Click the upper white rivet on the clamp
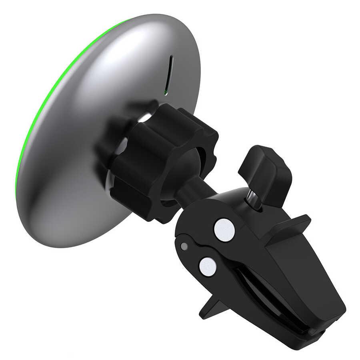coord(224,230)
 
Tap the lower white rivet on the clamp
coord(208,266)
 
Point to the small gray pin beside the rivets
coord(184,246)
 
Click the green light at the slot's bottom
coord(166,93)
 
